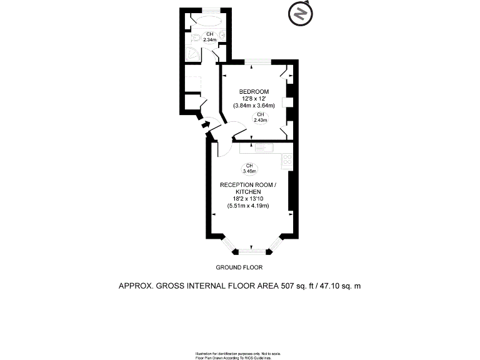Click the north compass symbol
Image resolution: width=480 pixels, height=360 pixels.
coord(300,14)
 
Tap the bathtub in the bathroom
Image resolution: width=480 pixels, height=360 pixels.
coord(205,19)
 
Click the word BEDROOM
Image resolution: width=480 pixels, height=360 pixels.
coord(254,92)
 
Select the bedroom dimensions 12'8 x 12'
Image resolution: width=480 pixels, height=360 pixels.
coord(254,99)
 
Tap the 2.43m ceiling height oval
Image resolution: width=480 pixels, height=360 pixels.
coord(260,117)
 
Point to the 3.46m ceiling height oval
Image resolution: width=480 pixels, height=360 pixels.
coord(249,167)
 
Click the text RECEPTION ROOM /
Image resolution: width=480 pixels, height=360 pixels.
coord(247,186)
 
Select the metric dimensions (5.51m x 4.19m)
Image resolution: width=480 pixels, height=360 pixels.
coord(247,206)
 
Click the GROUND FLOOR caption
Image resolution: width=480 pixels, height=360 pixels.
coord(239,267)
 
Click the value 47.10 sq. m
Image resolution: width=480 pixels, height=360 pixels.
coord(341,286)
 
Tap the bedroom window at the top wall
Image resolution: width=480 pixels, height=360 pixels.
coord(257,61)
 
